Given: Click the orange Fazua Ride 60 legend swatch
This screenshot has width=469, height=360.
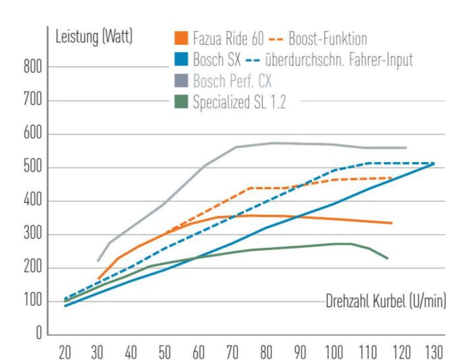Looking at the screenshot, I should coord(181,39).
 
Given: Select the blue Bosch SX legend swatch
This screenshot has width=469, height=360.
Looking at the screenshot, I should coord(181,60).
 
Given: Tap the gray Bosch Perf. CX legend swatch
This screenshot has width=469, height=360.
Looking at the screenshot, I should coord(181,81).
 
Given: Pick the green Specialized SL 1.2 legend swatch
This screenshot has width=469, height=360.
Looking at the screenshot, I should coord(181,102).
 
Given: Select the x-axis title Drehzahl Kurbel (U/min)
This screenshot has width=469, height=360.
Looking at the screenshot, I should coord(386,302).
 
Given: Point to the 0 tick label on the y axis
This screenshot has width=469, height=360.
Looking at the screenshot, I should coord(38,335).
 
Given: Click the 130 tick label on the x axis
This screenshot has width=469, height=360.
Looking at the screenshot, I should coord(433,351).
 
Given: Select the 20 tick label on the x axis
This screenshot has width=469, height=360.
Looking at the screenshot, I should coord(65,351).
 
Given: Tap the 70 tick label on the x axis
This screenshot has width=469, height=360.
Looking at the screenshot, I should coord(233,351).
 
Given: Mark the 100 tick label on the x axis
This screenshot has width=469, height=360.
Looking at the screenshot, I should coord(333,351).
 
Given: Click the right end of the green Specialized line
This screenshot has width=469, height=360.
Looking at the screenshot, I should coord(388,258).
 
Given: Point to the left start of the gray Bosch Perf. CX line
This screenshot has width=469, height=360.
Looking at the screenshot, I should coord(97,261).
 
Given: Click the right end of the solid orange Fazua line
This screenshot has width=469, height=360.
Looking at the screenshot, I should coord(393,223).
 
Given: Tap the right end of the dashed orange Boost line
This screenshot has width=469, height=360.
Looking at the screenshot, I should coord(393,178).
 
